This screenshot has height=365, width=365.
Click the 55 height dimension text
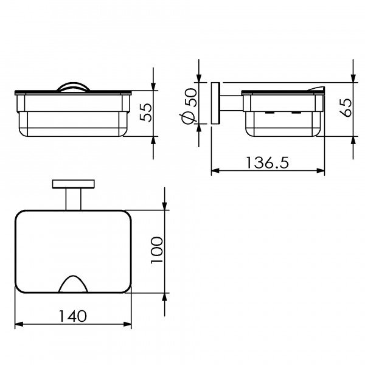[146, 113]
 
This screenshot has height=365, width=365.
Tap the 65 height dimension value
[346, 107]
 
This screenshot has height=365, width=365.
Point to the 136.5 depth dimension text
[267, 162]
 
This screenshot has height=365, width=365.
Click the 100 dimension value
[157, 251]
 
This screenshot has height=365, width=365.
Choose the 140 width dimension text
[72, 316]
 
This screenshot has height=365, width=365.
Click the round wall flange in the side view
[215, 103]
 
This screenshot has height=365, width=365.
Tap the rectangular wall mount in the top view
[74, 184]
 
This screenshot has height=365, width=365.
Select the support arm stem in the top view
[74, 199]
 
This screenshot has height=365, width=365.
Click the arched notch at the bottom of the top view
[73, 283]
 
